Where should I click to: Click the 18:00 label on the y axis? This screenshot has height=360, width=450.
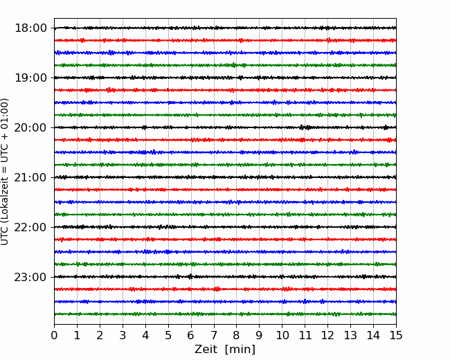(x=30, y=28)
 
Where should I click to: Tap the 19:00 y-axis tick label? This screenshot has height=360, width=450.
(x=30, y=78)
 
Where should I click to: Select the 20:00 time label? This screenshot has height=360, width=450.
(x=30, y=127)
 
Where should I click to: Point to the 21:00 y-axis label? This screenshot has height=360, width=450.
(x=30, y=177)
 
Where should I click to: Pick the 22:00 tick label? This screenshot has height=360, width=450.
(x=30, y=227)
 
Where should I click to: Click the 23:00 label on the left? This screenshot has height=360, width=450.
(x=30, y=277)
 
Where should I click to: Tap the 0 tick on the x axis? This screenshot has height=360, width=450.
(x=54, y=335)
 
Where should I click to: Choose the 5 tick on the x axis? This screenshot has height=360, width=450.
(x=168, y=335)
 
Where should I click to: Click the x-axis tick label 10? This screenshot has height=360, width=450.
(x=282, y=335)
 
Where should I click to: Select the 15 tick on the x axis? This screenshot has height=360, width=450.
(x=396, y=335)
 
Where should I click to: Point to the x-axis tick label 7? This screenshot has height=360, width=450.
(x=214, y=335)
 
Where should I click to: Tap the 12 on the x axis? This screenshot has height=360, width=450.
(x=327, y=335)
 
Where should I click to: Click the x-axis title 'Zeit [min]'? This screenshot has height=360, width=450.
(x=225, y=350)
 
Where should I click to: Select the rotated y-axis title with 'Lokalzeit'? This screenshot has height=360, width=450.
(x=4, y=172)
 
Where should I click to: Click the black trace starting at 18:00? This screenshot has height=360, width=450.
(x=225, y=28)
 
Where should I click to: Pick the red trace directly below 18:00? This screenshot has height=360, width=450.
(x=225, y=40)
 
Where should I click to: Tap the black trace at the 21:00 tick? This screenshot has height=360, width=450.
(x=225, y=177)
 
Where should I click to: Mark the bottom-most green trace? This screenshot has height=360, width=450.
(x=225, y=314)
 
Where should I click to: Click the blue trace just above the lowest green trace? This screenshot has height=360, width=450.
(x=225, y=302)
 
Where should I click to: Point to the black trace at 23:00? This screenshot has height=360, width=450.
(x=225, y=277)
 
